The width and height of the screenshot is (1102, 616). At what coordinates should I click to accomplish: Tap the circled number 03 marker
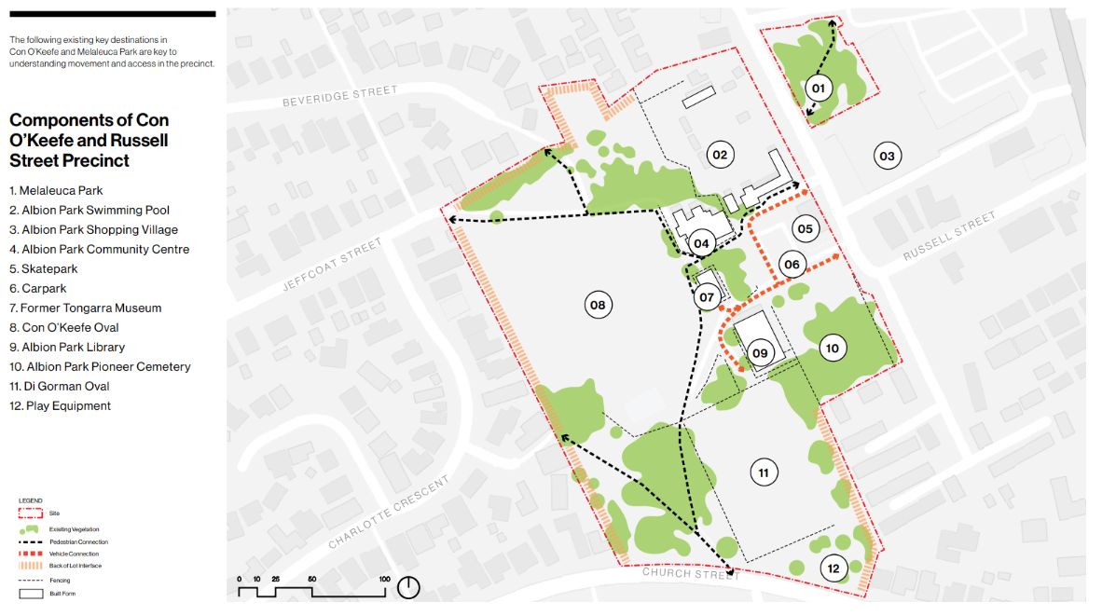click(x=887, y=156)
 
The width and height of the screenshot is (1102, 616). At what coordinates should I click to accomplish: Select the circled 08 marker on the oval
click(x=598, y=304)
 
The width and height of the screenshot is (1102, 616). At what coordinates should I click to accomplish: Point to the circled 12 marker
click(x=833, y=568)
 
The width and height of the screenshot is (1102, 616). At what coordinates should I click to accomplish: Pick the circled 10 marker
click(x=833, y=349)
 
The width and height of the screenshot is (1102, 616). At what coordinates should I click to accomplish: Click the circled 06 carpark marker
click(x=792, y=265)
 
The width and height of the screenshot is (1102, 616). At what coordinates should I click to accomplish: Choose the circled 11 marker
click(x=764, y=473)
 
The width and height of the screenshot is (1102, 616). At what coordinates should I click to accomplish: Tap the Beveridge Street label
click(x=340, y=96)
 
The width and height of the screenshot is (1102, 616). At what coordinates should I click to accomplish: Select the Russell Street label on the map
click(x=949, y=236)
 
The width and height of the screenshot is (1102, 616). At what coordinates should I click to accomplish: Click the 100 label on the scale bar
click(x=384, y=579)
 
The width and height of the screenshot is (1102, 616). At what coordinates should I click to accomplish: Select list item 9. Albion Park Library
click(x=67, y=347)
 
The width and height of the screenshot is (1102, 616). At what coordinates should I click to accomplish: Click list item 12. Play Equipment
click(x=60, y=405)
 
